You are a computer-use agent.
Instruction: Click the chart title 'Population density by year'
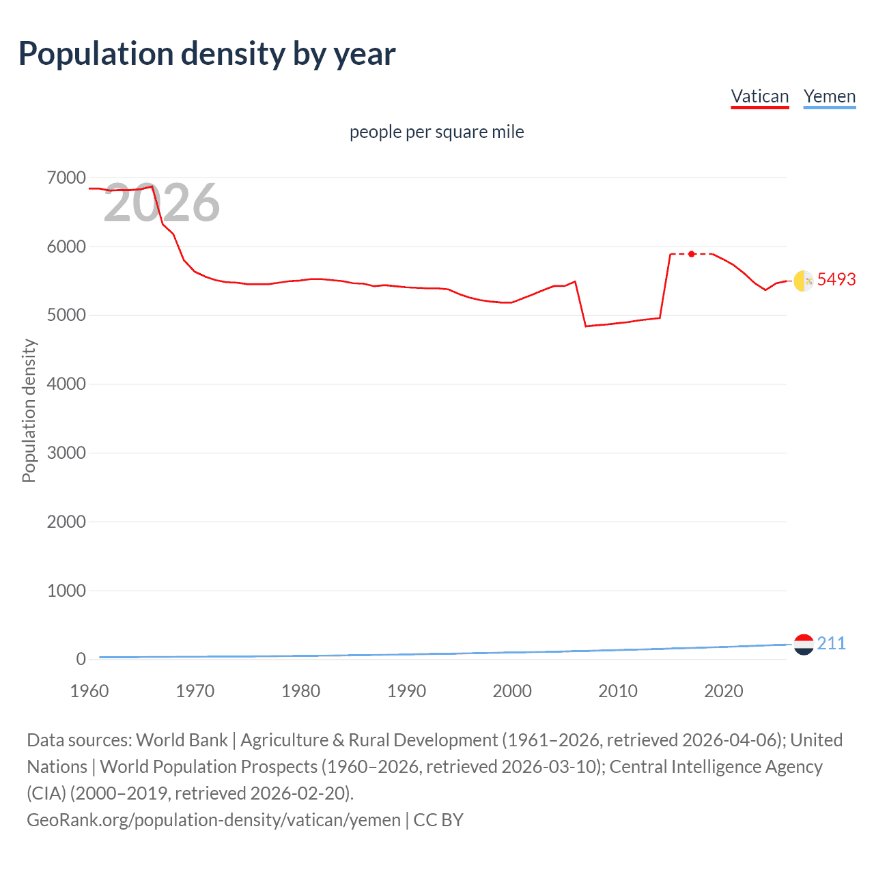pos(207,54)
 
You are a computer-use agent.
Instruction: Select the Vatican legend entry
pos(760,96)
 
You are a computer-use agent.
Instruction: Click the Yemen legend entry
pos(830,96)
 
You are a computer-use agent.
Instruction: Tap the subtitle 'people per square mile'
pos(436,132)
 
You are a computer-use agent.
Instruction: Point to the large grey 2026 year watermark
pos(161,203)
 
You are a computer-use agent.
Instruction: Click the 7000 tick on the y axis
pos(66,178)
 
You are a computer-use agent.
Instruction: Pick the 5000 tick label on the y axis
pos(66,315)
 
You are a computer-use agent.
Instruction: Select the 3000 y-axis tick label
pos(66,453)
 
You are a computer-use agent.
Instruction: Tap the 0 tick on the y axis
pos(81,659)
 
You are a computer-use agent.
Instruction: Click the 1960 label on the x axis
pos(89,691)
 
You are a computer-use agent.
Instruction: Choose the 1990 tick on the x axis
pos(406,691)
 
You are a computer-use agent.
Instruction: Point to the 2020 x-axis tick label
pos(723,691)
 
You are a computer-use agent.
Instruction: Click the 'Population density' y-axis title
pos(29,410)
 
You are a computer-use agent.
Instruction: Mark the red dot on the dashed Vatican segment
pos(692,254)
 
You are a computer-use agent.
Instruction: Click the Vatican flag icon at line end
pos(804,281)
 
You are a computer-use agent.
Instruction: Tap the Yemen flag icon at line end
pos(804,644)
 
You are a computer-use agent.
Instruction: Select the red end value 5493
pos(836,279)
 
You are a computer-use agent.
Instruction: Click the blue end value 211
pos(831,643)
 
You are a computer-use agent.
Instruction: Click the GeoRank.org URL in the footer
pos(213,819)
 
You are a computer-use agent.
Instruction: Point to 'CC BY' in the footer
pos(438,819)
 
